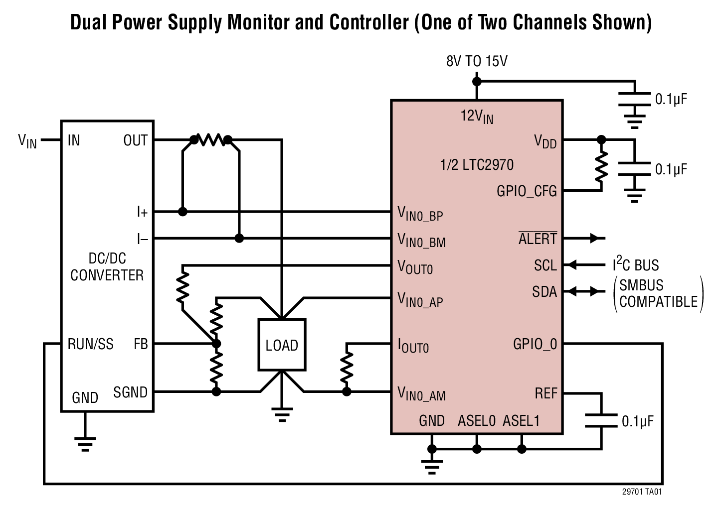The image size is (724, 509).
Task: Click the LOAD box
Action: [282, 345]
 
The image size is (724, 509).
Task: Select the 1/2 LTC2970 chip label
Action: [477, 165]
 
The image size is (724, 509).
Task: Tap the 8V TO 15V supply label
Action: [477, 61]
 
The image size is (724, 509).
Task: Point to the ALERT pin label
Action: [538, 239]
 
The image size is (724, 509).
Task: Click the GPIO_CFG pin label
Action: [527, 191]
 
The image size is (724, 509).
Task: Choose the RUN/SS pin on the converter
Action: [90, 344]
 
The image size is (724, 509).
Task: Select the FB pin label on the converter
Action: [141, 344]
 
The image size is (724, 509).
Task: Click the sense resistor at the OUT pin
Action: [210, 140]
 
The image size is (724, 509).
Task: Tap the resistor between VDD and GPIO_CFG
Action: [601, 165]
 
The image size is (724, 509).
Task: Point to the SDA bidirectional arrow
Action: [586, 291]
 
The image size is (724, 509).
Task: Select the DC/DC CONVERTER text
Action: [107, 267]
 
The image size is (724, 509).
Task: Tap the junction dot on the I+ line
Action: [182, 212]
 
